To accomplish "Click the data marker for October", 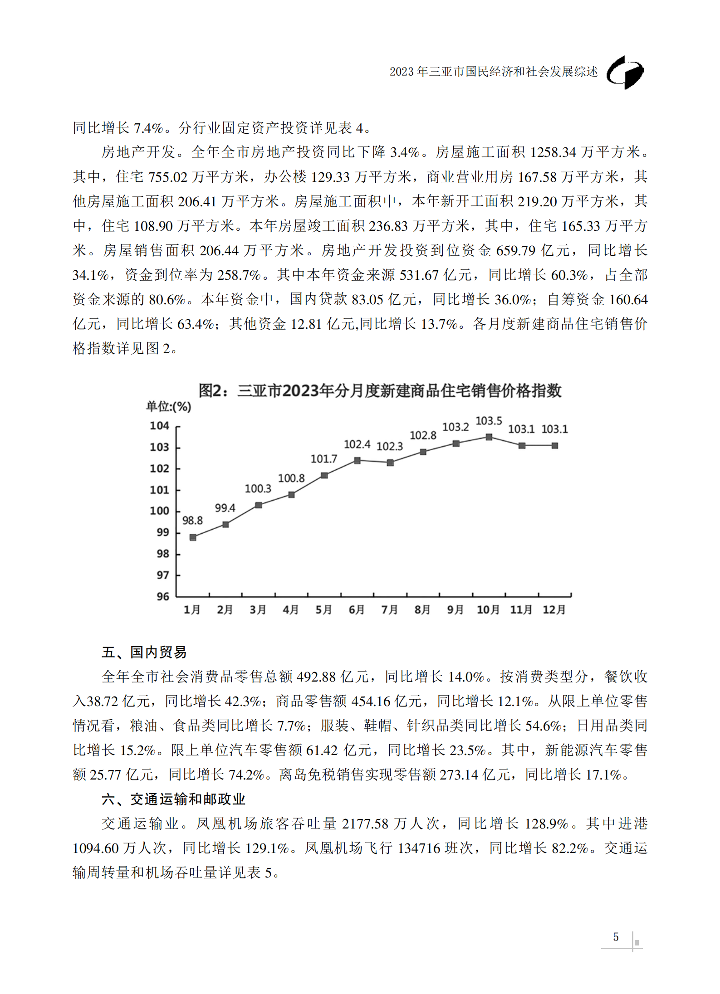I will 489,437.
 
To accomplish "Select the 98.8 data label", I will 192,521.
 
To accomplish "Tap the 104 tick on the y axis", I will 159,426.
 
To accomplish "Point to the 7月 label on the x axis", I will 389,610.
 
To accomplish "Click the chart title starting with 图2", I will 380,390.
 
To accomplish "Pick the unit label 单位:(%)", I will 168,406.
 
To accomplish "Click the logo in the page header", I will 625,73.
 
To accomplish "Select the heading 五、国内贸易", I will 144,652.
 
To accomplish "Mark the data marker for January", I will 193,537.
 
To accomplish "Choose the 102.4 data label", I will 357,444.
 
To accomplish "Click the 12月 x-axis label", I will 554,610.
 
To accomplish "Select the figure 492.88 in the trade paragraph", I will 316,677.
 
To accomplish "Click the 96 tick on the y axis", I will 162,597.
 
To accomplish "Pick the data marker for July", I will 390,463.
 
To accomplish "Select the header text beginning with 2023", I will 494,72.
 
